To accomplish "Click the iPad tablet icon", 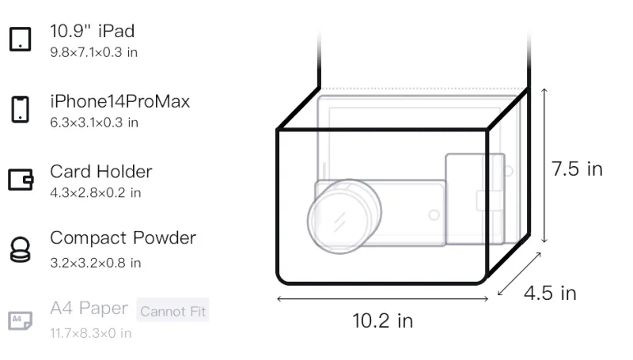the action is coord(21,39).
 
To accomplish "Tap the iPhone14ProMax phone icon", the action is coord(21,109).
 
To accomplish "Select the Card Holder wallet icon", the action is coord(21,179).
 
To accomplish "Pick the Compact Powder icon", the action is coord(21,250).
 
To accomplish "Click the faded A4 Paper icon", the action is coord(21,320).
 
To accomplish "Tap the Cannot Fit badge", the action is coord(172,310).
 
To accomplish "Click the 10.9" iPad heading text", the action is coord(92,31).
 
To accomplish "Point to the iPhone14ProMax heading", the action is coord(120,101).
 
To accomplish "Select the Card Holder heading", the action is coord(101,172).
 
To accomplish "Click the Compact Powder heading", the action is coord(123,238).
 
